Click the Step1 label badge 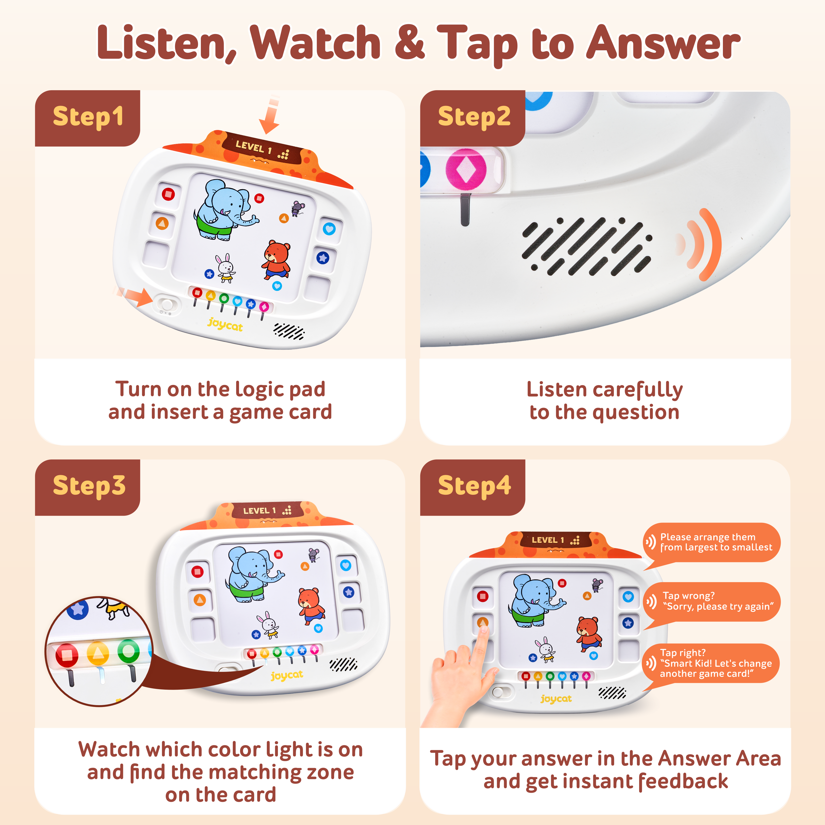88,118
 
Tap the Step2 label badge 473,118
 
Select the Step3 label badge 88,487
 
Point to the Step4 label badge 473,487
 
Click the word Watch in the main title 315,43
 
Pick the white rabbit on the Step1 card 225,268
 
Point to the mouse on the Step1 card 298,208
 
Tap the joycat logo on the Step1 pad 225,325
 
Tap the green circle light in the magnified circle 128,651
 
